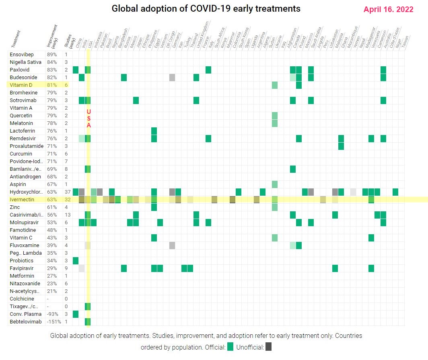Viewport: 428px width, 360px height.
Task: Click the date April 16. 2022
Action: click(x=388, y=10)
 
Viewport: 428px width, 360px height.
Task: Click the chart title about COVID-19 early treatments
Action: click(x=206, y=8)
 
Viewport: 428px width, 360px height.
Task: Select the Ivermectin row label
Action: click(x=22, y=199)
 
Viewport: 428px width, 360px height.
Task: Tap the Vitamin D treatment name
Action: click(x=22, y=85)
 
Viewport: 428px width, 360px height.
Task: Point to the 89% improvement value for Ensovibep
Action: click(x=52, y=54)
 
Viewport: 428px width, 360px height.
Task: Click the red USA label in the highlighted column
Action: click(x=89, y=118)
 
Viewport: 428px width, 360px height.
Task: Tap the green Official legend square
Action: click(x=230, y=347)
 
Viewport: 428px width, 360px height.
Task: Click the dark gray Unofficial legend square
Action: click(x=269, y=347)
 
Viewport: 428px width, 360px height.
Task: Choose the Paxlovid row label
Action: click(x=20, y=70)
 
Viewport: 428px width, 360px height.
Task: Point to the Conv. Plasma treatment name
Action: click(x=23, y=314)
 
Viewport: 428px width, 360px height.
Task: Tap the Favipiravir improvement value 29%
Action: click(x=52, y=268)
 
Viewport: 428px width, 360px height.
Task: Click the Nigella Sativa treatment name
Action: click(x=26, y=62)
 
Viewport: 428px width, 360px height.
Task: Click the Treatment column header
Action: click(x=17, y=36)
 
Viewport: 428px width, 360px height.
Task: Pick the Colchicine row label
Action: click(x=22, y=299)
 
